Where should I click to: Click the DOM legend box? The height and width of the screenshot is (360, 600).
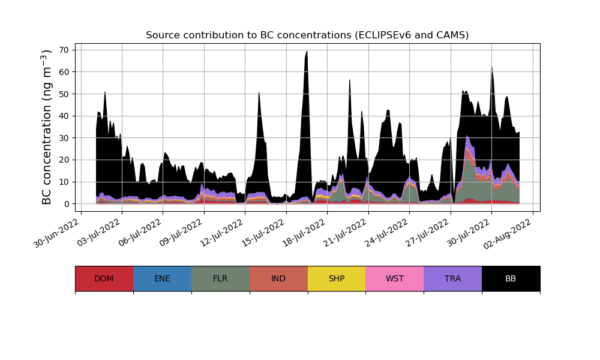click(x=104, y=278)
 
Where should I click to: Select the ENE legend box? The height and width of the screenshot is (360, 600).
click(x=162, y=278)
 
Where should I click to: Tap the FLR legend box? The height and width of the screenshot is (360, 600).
click(x=220, y=278)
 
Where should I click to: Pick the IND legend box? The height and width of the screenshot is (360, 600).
click(x=278, y=278)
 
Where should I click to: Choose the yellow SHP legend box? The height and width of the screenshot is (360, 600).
click(x=337, y=278)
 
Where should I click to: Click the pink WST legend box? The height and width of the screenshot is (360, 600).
click(x=395, y=278)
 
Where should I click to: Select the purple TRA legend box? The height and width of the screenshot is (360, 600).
click(x=453, y=278)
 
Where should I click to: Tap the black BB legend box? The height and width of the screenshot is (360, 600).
click(x=511, y=278)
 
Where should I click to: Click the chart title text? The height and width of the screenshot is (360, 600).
click(x=307, y=35)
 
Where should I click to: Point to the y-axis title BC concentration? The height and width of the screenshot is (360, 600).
click(x=47, y=127)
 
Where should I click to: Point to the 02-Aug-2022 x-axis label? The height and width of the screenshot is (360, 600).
click(x=510, y=235)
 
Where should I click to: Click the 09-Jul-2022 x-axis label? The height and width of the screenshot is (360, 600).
click(x=181, y=235)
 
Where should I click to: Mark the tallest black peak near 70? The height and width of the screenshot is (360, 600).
click(x=307, y=52)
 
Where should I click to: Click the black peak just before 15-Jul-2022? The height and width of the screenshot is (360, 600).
click(x=259, y=94)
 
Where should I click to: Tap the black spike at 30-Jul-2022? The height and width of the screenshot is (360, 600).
click(x=492, y=68)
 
